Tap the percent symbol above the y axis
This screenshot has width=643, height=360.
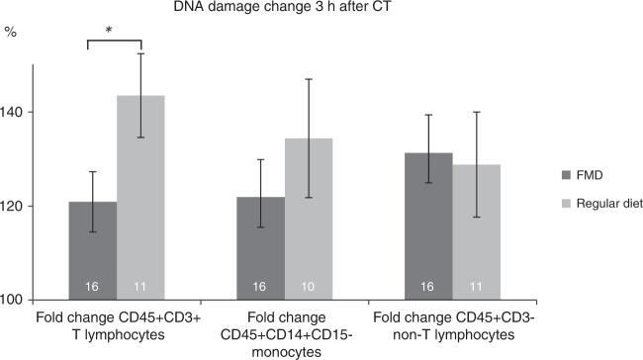point(11,32)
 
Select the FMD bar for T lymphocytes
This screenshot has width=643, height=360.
point(92,252)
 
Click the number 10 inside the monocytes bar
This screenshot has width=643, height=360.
point(309,287)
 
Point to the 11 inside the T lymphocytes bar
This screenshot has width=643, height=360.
point(140,287)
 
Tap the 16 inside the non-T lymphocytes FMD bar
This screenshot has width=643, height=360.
point(427,287)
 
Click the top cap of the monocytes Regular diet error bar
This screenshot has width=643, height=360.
point(309,79)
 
